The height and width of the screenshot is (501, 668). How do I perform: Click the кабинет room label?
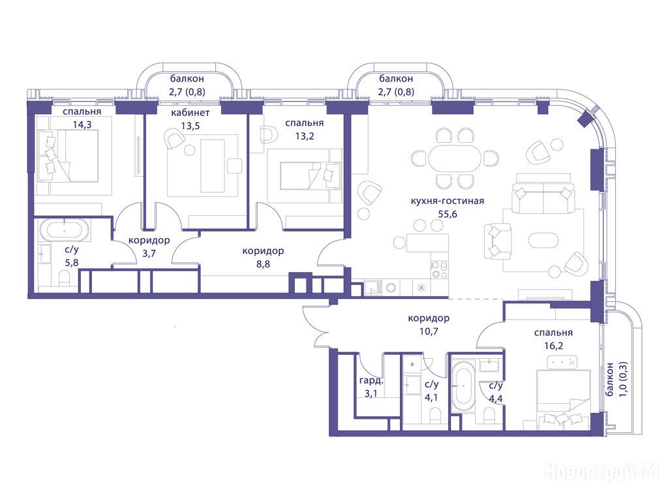190,112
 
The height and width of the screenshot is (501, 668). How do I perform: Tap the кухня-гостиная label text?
448,201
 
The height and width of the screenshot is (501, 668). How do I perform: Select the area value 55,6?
448,214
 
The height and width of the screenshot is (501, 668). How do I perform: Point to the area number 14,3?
82,125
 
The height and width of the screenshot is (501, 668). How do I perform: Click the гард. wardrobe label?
371,380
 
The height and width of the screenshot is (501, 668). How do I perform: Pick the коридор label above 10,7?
429,318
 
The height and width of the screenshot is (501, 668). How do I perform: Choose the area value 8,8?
263,264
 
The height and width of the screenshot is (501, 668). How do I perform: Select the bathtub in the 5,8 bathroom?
65,230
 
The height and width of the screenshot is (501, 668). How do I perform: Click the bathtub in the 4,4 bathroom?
463,386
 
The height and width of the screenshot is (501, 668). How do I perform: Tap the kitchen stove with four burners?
439,269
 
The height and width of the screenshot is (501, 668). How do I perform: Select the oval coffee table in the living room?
542,239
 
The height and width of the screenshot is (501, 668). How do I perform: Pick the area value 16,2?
553,346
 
